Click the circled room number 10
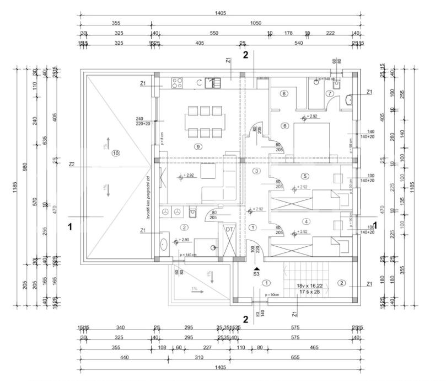click(115, 152)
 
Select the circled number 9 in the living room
click(198, 147)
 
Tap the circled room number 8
click(284, 94)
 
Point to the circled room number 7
click(329, 94)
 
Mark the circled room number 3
click(256, 171)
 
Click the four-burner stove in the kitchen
click(178, 83)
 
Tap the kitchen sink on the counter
click(209, 83)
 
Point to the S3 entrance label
click(256, 272)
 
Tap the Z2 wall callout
click(72, 164)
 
